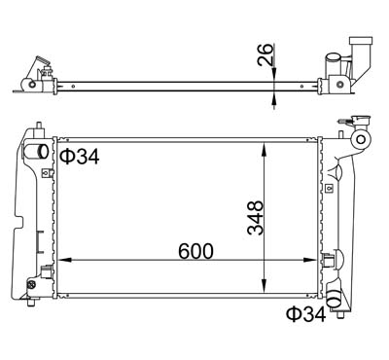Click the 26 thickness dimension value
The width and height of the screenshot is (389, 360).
[x=265, y=54]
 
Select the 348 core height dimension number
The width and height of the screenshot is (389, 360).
[x=256, y=218]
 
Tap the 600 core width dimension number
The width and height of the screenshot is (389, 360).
[x=195, y=251]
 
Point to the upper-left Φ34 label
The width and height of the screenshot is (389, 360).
[x=80, y=157]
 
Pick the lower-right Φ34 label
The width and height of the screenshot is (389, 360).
[x=305, y=314]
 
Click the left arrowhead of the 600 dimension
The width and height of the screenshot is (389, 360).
[x=64, y=260]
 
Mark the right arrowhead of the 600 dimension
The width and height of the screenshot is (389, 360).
[x=309, y=260]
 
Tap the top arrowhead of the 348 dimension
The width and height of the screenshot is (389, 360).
[x=265, y=149]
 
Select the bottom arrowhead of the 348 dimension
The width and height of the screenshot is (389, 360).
[x=265, y=286]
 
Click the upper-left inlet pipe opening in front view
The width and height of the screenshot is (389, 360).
[x=43, y=151]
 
